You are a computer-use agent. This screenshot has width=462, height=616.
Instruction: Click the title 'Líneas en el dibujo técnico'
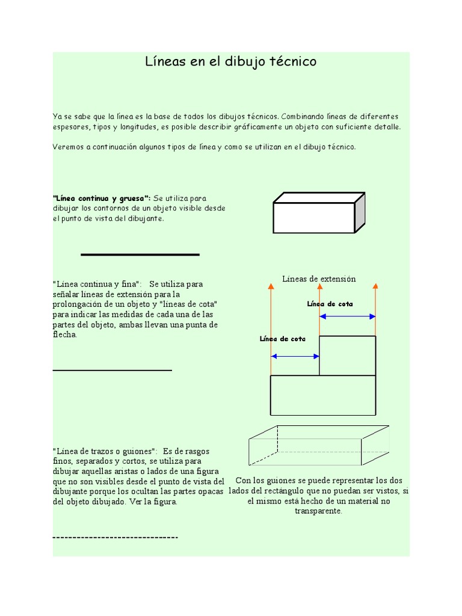pos(231,62)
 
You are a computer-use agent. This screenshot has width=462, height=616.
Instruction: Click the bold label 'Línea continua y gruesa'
pos(102,198)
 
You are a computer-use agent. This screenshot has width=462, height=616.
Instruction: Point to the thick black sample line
pos(140,255)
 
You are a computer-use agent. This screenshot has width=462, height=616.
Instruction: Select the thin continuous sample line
pos(112,371)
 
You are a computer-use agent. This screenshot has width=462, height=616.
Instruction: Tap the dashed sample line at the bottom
pos(115,537)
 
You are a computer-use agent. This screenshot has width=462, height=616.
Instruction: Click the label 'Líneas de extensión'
pos(319,279)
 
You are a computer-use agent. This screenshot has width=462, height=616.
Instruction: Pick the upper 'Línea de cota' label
pos(330,304)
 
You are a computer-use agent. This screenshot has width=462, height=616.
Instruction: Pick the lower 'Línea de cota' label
pos(282,339)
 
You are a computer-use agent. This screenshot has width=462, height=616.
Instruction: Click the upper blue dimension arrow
pos(347,316)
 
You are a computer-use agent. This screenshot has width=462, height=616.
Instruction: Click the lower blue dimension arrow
pos(295,356)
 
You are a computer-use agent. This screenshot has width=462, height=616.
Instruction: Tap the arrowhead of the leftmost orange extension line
pos(271,287)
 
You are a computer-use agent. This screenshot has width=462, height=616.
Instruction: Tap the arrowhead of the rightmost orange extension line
pos(375,287)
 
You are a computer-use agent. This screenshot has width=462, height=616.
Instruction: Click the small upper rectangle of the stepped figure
pos(347,356)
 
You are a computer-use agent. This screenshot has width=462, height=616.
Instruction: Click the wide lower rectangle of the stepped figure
pos(323,395)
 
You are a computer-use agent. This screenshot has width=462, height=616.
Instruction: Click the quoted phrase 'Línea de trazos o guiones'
pos(105,451)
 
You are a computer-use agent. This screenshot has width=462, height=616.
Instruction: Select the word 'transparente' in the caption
pos(318,511)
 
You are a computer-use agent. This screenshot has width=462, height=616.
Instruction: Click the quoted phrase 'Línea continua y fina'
pos(97,283)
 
